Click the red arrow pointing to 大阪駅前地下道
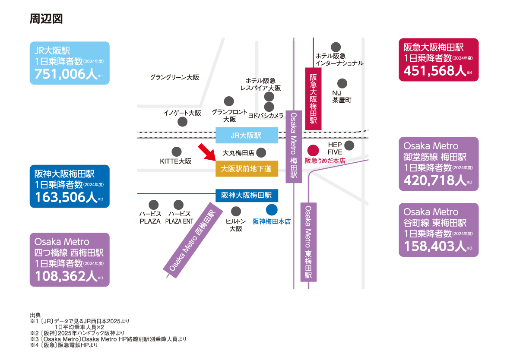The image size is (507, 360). pos(207,152)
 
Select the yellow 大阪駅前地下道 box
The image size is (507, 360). pos(247,169)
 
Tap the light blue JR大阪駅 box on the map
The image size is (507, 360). pos(247,136)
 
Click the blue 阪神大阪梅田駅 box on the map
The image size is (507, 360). pos(247,196)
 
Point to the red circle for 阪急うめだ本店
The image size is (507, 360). pos(313,151)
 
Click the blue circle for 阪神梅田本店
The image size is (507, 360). pos(271,210)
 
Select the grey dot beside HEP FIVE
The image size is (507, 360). pos(349,145)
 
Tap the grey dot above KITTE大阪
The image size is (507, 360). pos(176,152)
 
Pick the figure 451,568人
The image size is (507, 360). pos(435,70)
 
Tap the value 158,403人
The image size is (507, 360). pos(435,246)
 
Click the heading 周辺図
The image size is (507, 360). pos(46,19)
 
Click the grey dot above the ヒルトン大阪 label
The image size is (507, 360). pos(236,212)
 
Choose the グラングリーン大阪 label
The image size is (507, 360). pos(174,78)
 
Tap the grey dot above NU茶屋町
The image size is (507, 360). pos(342,83)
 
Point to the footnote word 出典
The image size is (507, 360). pos(35,315)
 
